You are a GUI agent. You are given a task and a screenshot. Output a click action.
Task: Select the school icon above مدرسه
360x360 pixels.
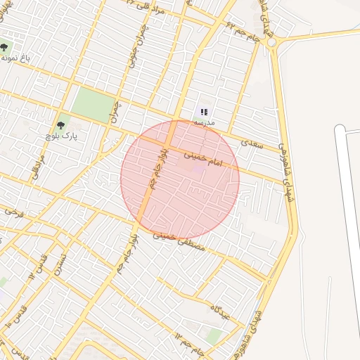(204, 111)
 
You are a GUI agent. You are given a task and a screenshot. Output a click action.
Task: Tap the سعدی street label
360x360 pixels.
(251, 143)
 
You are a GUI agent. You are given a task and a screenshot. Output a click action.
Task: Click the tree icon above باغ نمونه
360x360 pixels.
(4, 48)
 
